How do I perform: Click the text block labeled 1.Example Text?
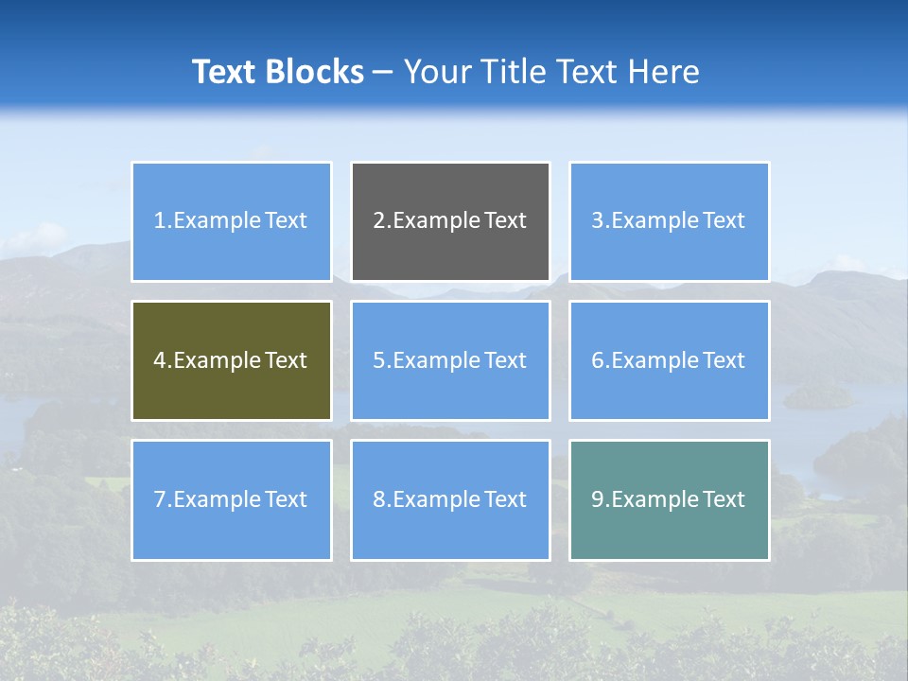click(x=231, y=221)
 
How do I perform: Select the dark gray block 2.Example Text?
click(x=450, y=221)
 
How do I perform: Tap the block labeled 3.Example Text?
click(x=669, y=221)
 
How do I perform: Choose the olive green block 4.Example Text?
click(x=231, y=360)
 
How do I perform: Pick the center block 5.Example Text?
click(x=450, y=360)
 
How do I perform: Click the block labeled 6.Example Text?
click(x=669, y=360)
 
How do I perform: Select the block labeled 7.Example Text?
click(x=231, y=499)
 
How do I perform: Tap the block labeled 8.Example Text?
click(x=450, y=499)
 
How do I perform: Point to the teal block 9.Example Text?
click(x=669, y=499)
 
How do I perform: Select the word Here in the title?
click(x=664, y=72)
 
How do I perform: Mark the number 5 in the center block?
click(x=378, y=360)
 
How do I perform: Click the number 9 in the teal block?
click(x=597, y=499)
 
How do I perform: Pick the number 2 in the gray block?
click(x=378, y=221)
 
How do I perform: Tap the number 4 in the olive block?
click(x=160, y=360)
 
